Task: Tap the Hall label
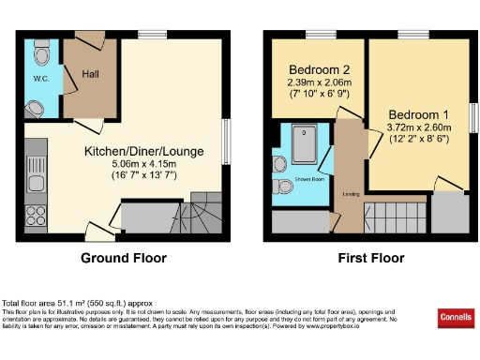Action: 90,72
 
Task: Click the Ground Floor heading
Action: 124,259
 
